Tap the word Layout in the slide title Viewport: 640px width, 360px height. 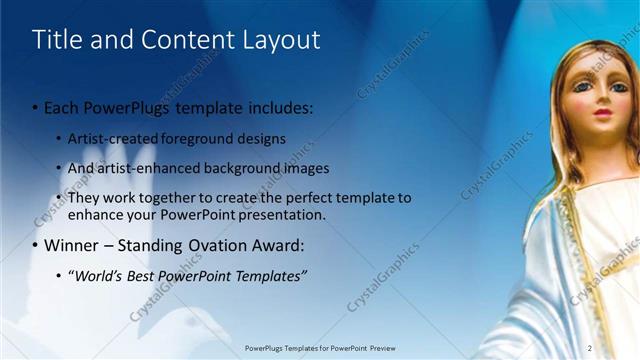coord(282,40)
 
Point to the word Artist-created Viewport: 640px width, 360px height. coord(110,138)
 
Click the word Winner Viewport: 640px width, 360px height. coord(73,245)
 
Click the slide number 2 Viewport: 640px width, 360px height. coord(590,347)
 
